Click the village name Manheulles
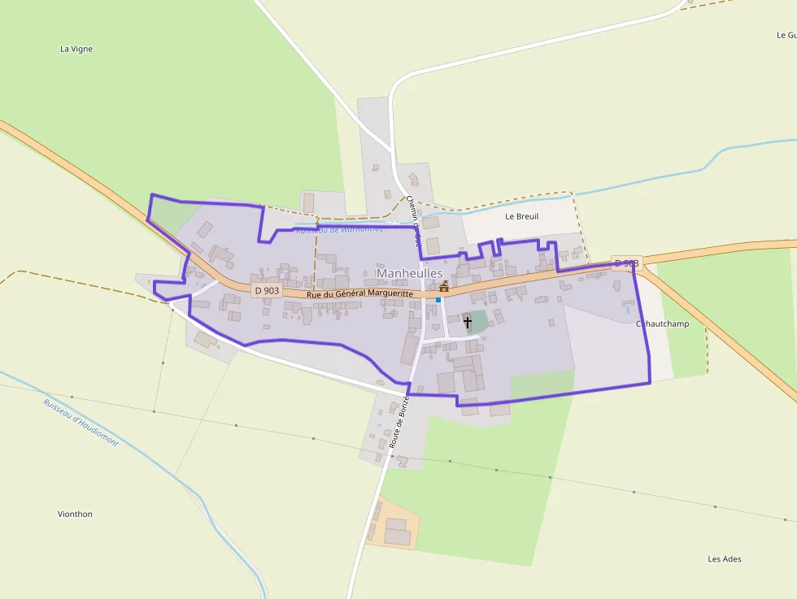pyautogui.click(x=409, y=274)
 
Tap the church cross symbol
pyautogui.click(x=468, y=323)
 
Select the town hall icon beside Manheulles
pyautogui.click(x=444, y=286)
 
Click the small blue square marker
pyautogui.click(x=438, y=300)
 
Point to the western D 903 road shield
pyautogui.click(x=266, y=290)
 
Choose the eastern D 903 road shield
pyautogui.click(x=627, y=263)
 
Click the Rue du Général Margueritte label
pyautogui.click(x=361, y=293)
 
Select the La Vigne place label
pyautogui.click(x=76, y=49)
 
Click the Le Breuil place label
pyautogui.click(x=521, y=216)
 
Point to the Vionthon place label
pyautogui.click(x=75, y=514)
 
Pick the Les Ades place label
pyautogui.click(x=724, y=558)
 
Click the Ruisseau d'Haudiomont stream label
pyautogui.click(x=81, y=423)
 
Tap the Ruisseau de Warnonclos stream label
pyautogui.click(x=339, y=230)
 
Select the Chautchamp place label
pyautogui.click(x=662, y=323)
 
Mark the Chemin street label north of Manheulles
pyautogui.click(x=413, y=220)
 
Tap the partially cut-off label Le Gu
pyautogui.click(x=786, y=35)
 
